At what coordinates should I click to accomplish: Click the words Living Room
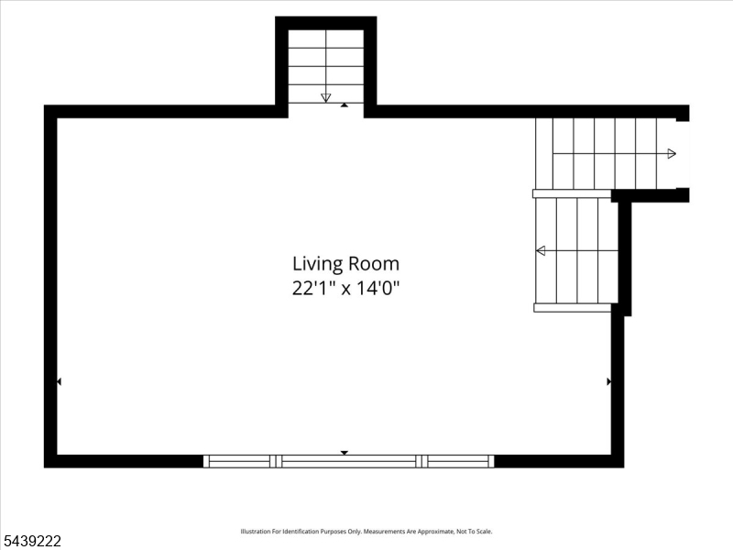(346, 264)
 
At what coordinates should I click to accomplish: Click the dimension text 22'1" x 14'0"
(346, 288)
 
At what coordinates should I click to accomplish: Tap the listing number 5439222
(31, 541)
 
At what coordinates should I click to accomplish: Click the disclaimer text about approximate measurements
(366, 532)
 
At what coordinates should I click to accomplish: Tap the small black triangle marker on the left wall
(59, 381)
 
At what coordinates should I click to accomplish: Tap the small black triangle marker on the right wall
(608, 381)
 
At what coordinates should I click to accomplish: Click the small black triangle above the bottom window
(345, 453)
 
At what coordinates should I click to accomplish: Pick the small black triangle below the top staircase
(345, 105)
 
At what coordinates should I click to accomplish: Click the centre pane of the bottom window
(349, 462)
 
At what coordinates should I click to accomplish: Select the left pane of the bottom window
(239, 462)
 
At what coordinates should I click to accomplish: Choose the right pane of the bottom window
(458, 462)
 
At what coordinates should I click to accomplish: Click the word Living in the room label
(317, 264)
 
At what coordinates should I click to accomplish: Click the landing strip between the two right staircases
(572, 193)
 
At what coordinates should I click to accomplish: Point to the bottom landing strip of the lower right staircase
(573, 308)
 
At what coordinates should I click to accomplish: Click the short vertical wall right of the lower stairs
(625, 258)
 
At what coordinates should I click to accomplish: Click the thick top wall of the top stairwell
(326, 23)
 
